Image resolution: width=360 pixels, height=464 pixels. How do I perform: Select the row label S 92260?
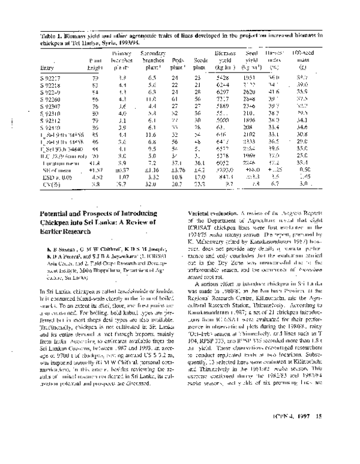point(50,98)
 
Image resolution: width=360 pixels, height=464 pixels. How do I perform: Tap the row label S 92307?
point(50,106)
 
